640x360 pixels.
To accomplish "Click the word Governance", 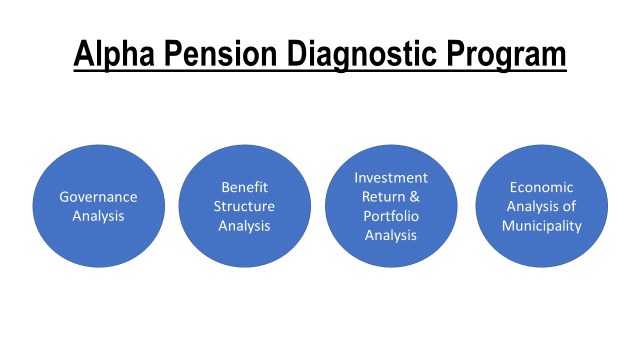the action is coord(98,197).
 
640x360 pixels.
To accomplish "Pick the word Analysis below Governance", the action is coord(98,216).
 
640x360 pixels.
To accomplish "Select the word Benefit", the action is coord(245,187).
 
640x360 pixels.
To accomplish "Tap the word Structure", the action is coord(244,206).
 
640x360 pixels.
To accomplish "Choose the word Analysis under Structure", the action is coord(244,225).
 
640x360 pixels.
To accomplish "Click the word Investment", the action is coord(391,177).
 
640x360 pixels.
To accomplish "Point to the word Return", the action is coord(383,197).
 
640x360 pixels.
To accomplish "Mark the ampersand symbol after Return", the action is coord(415,197).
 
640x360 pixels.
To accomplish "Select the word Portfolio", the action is coord(391,216).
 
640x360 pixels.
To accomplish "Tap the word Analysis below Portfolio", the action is coord(391,235).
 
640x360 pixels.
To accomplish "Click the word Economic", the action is coord(541,187).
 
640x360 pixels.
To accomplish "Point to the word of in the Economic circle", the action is coord(569,206).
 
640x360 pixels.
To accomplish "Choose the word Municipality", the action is coord(541,226).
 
